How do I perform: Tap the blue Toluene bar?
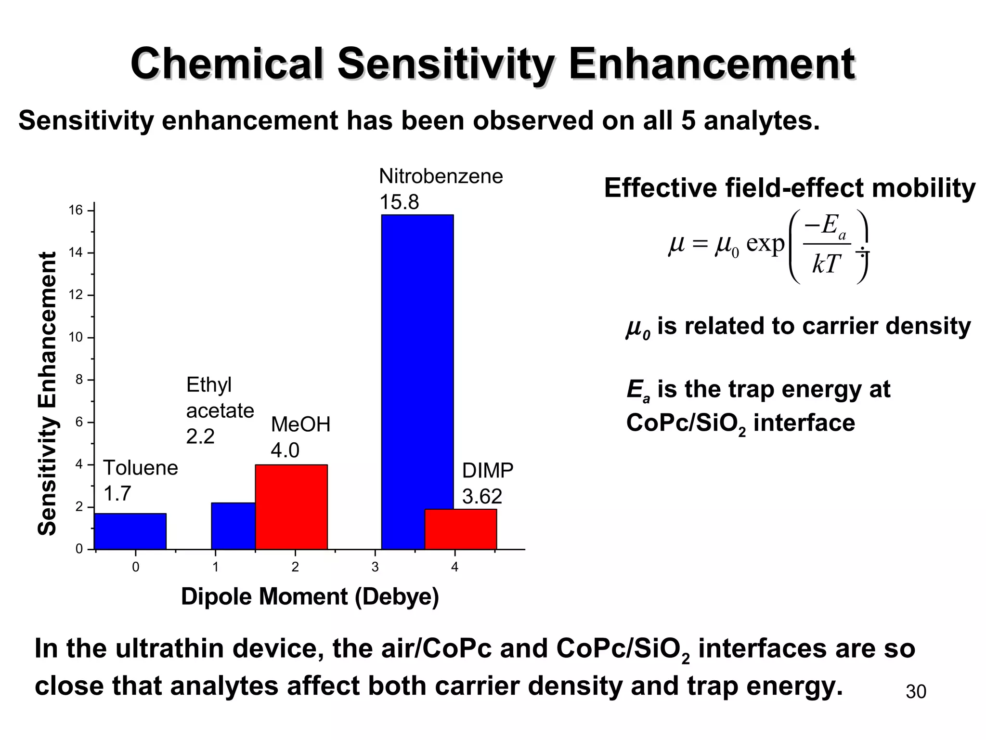(x=130, y=531)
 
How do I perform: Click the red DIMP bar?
(x=461, y=529)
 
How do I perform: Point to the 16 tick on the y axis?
(x=76, y=211)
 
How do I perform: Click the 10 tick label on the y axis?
(x=76, y=337)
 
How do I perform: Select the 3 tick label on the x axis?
(x=375, y=568)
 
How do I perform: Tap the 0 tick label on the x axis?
(x=136, y=568)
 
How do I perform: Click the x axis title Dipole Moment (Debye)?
(x=310, y=597)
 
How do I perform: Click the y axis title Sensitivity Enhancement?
(x=47, y=394)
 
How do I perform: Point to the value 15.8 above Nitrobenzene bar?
(x=399, y=202)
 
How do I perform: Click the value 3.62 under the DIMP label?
(x=482, y=496)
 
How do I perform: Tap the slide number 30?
(x=916, y=692)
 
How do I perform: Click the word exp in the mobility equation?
(x=765, y=244)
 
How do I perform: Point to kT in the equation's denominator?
(x=826, y=264)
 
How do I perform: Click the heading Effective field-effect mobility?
(x=790, y=188)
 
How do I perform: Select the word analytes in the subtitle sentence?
(x=761, y=120)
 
